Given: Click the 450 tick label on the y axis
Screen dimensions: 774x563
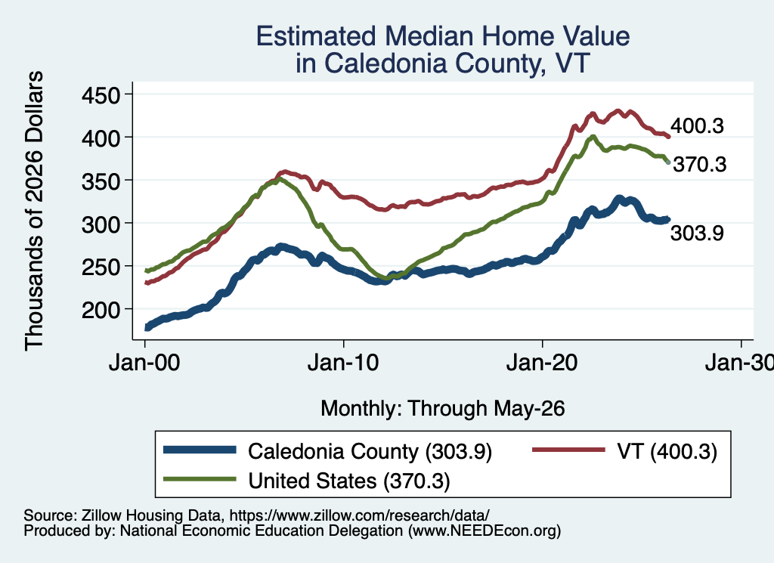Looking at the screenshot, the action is click(x=101, y=94).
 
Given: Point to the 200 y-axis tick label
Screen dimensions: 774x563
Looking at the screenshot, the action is click(x=101, y=311).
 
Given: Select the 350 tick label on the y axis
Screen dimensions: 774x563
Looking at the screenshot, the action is click(x=101, y=181).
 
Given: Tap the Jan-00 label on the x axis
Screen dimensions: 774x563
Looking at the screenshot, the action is click(x=144, y=363).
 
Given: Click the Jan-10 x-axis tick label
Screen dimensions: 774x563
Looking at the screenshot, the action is click(x=343, y=363).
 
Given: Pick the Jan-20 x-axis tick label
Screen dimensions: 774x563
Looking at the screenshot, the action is click(x=542, y=363).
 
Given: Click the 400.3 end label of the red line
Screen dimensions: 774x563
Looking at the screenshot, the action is click(x=697, y=125).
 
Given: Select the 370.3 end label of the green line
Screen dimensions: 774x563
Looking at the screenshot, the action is click(x=700, y=164).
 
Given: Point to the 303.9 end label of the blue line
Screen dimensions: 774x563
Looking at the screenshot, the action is click(x=697, y=233).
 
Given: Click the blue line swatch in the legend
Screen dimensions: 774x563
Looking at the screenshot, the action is click(x=200, y=450).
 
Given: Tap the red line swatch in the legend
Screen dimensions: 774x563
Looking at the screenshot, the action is click(x=568, y=450).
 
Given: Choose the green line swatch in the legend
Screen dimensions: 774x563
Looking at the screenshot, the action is click(x=200, y=478).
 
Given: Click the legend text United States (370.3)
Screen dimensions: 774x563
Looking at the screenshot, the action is click(x=349, y=481).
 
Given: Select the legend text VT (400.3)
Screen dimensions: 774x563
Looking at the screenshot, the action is click(x=667, y=451).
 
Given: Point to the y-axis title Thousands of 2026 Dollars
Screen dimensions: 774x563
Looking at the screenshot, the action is click(x=34, y=211).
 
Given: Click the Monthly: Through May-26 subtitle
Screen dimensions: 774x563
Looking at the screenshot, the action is click(x=443, y=409).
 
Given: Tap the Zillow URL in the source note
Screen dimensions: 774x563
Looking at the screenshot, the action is click(x=359, y=515).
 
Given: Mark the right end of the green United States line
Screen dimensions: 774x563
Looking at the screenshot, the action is click(x=668, y=162).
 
